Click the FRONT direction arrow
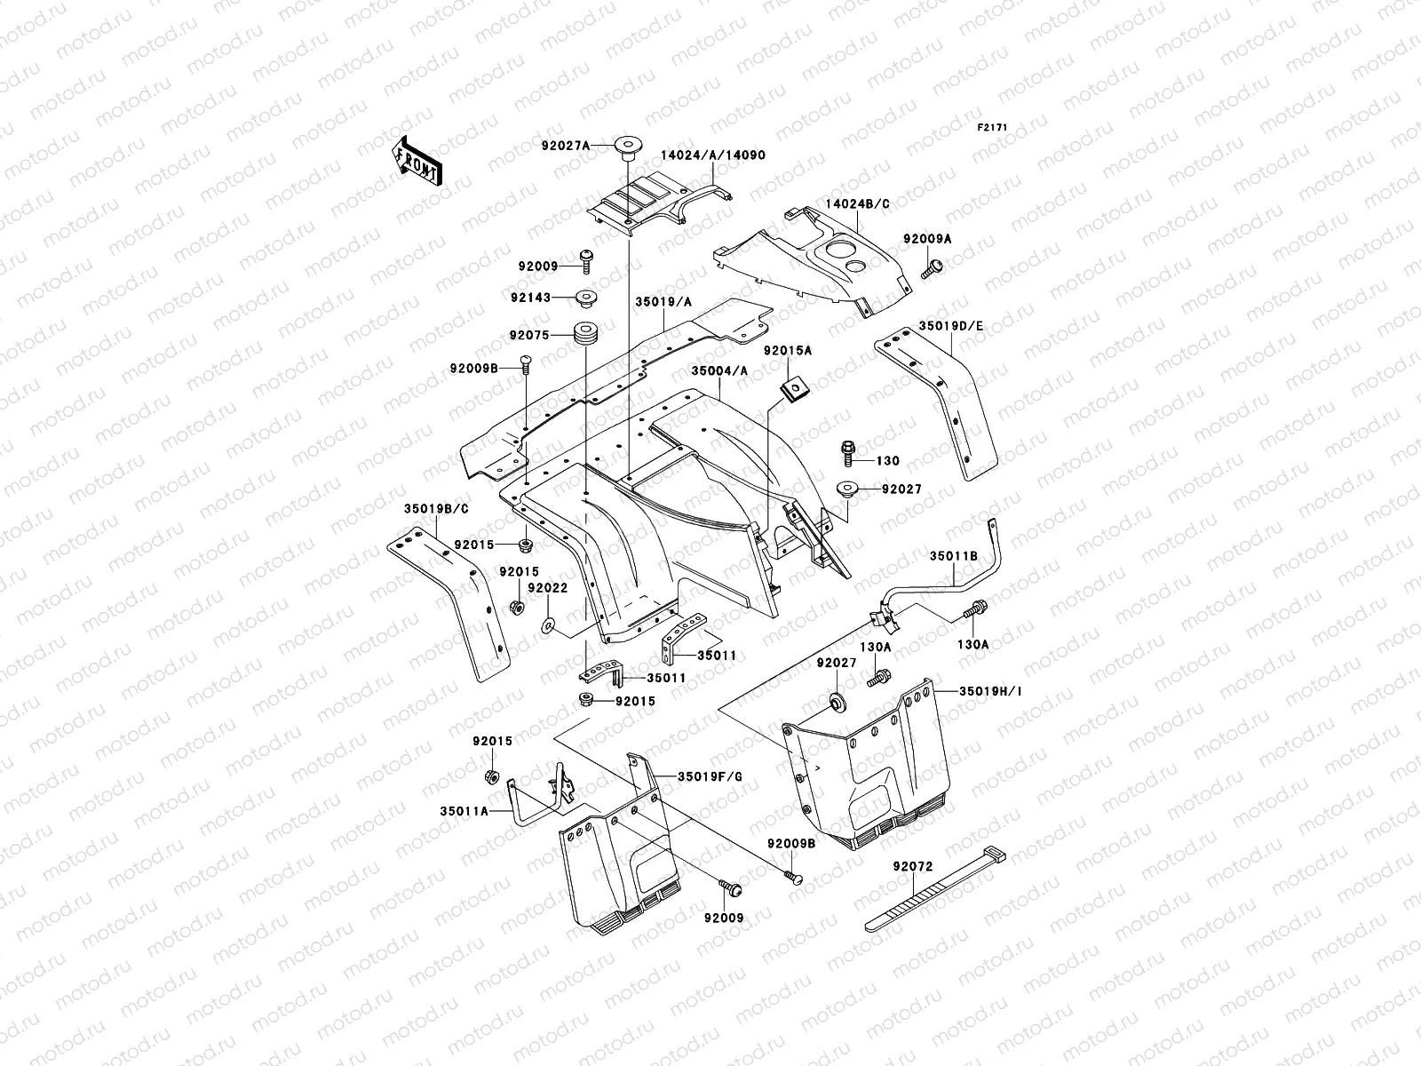417,161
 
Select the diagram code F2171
992,128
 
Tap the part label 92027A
566,147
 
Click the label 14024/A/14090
713,155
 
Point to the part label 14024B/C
857,204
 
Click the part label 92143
530,298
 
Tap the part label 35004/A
719,370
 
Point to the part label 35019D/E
951,326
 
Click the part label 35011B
954,556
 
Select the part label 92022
548,588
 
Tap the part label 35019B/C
436,509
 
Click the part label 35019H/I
990,691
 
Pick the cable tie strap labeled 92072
935,888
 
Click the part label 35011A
464,811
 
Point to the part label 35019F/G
710,776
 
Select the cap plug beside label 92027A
627,148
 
